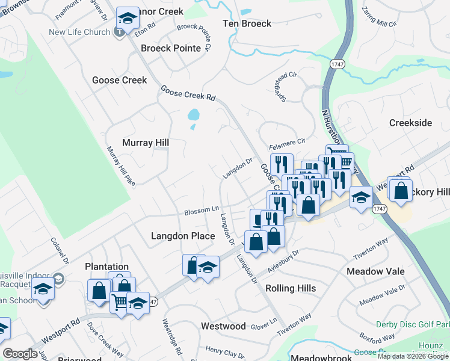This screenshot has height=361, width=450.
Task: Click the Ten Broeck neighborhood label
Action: coord(247,23)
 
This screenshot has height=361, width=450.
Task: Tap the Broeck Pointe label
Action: coord(170,48)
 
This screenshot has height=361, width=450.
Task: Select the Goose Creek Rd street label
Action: coord(188,93)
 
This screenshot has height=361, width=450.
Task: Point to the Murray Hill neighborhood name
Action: coord(145,143)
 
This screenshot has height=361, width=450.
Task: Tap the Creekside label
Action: coord(410,123)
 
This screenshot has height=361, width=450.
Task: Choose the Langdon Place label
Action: coord(182,236)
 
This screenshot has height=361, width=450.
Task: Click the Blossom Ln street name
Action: coord(201,212)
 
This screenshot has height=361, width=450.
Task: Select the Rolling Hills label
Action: coord(291,288)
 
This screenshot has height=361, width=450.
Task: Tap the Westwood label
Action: coord(223,326)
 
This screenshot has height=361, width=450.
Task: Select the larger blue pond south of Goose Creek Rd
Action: coord(193,114)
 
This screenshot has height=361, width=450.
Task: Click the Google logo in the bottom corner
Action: coord(20,354)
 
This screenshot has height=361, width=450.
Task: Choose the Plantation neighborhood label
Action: coord(106,267)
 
